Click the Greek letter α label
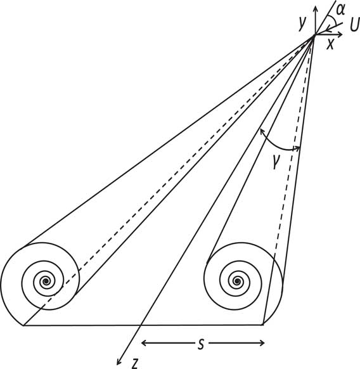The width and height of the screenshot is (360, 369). pos(340,10)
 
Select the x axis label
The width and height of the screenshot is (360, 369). pos(330,44)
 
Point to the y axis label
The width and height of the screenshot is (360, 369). pos(302,23)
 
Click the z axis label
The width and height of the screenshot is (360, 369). pos(135,363)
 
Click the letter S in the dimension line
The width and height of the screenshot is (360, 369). pos(200,345)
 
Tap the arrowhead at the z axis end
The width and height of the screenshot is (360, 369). pos(119,362)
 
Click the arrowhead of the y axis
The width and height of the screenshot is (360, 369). pos(315,8)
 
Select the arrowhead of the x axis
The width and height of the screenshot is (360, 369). pos(340,35)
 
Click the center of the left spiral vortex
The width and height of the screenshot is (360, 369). pos(46,281)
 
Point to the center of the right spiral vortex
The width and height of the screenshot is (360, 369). pos(237,281)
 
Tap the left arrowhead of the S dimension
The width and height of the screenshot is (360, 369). pos(144,343)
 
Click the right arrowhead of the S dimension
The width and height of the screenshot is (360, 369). pos(262,344)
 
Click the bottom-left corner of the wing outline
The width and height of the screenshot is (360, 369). pos(23,325)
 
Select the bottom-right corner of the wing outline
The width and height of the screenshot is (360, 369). pos(263,325)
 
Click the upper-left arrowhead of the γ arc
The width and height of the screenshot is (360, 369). pos(261,131)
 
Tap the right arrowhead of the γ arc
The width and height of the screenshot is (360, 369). pos(297,148)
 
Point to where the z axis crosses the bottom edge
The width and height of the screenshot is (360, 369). pos(141,325)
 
